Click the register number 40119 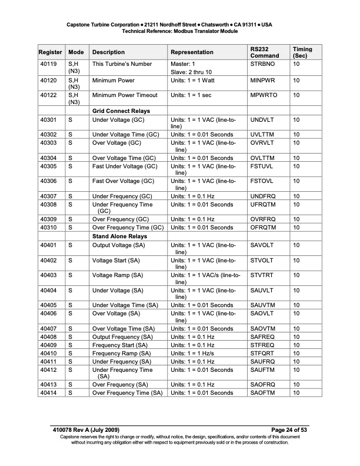click(x=48, y=64)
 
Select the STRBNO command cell click(x=261, y=64)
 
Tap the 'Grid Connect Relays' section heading click(x=121, y=111)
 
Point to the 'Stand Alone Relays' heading click(x=120, y=236)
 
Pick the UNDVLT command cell click(x=262, y=120)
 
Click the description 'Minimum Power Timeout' click(x=125, y=95)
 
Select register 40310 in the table click(x=48, y=228)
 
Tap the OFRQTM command click(x=263, y=228)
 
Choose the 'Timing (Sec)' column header click(x=302, y=52)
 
